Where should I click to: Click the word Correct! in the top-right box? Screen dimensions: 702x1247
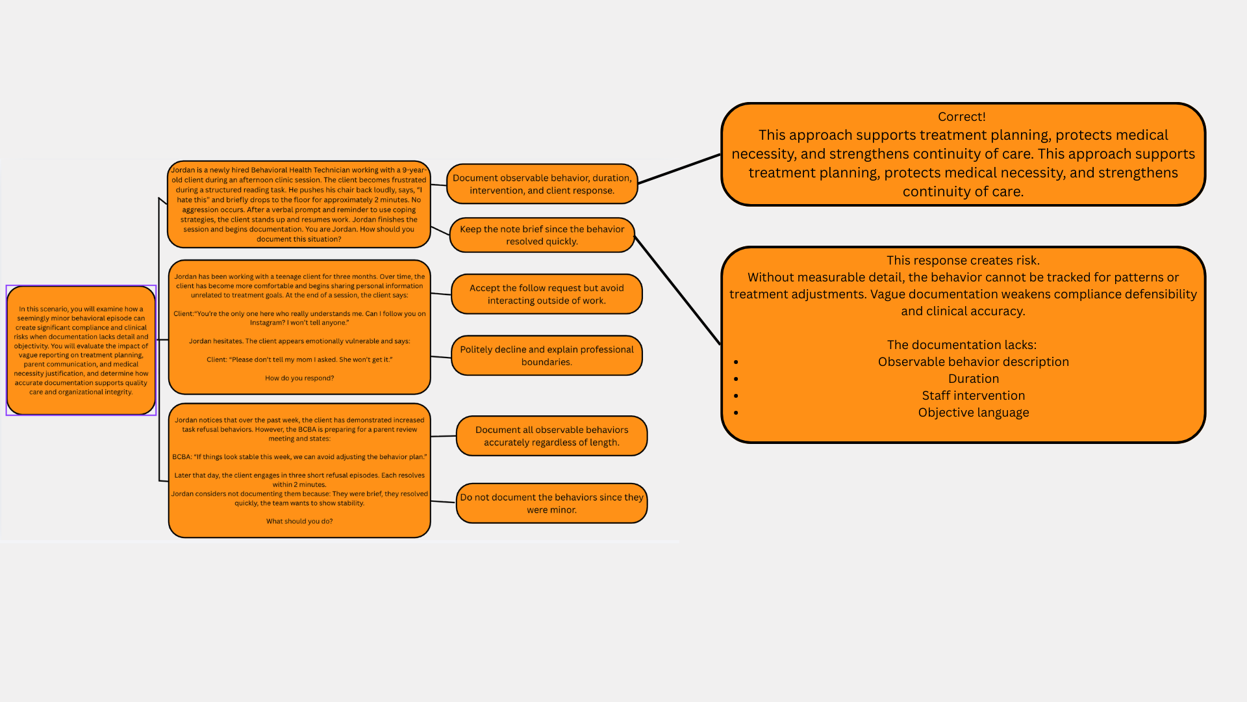click(961, 117)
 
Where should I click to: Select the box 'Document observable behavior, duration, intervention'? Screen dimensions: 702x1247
click(542, 184)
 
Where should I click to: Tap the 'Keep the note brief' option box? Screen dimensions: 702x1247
click(542, 235)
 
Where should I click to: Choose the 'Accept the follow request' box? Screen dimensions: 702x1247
click(546, 294)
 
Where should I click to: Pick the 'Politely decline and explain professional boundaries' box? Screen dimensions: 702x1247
click(546, 356)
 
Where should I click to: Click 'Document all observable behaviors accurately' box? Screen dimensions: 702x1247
click(551, 436)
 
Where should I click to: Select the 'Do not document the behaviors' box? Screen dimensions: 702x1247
click(551, 503)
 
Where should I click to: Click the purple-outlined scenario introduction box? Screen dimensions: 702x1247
click(81, 350)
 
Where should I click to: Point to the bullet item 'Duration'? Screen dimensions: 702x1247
click(973, 379)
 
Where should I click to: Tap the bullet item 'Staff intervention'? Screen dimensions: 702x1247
click(973, 396)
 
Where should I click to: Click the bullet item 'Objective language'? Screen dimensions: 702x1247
click(973, 413)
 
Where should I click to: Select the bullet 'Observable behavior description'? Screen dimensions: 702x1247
click(973, 362)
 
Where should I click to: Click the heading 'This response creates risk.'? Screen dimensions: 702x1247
click(963, 261)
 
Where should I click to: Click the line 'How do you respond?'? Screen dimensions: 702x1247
click(299, 378)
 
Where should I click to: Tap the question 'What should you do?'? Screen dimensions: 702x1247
click(299, 521)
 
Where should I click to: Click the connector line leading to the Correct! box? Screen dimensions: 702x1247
click(679, 169)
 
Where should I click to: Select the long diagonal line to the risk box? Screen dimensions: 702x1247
click(677, 291)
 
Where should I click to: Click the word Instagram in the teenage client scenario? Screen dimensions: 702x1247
click(267, 323)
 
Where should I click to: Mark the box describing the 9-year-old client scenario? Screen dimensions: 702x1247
click(299, 204)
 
